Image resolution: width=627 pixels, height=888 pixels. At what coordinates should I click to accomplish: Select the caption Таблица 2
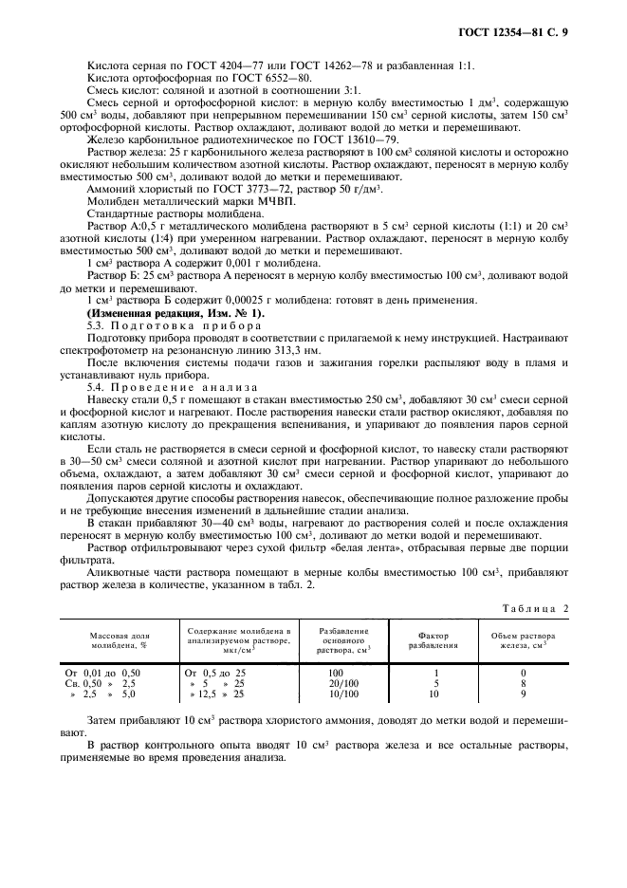pyautogui.click(x=536, y=608)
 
